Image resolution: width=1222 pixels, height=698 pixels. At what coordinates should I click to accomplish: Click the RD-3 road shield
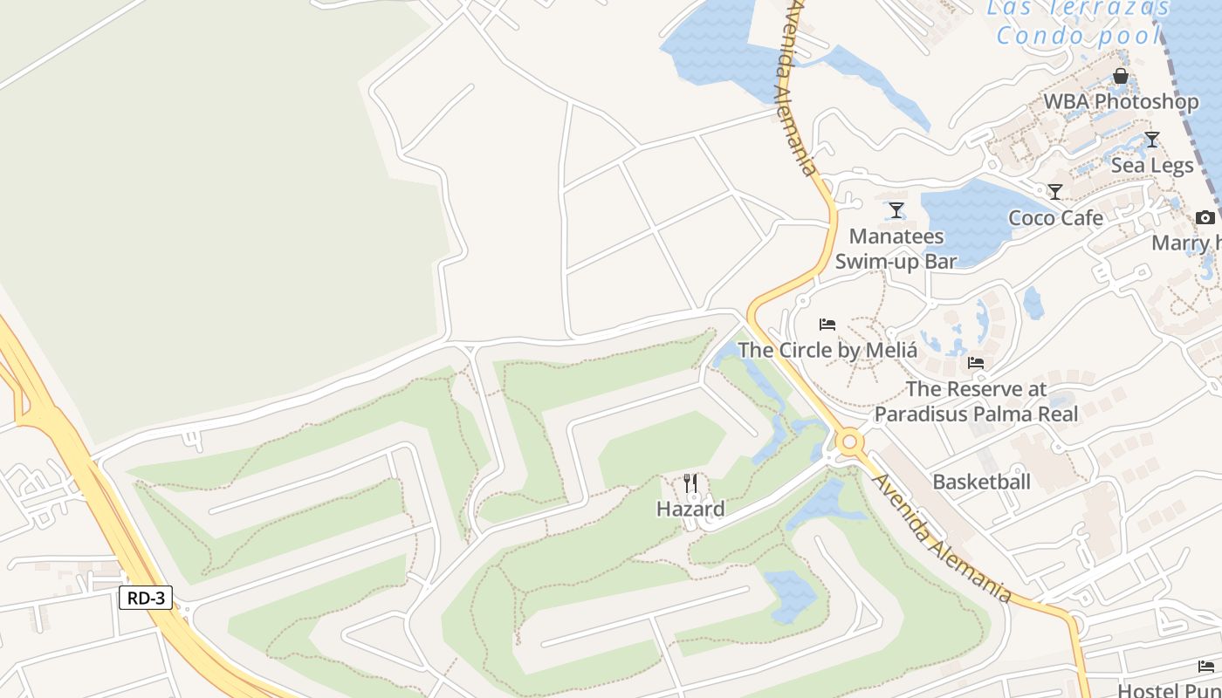pyautogui.click(x=146, y=598)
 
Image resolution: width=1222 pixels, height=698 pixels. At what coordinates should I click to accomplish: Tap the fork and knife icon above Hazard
pyautogui.click(x=690, y=483)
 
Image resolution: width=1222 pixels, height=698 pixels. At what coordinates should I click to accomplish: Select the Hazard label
pyautogui.click(x=690, y=509)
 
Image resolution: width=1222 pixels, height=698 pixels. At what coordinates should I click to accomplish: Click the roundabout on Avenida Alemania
pyautogui.click(x=849, y=442)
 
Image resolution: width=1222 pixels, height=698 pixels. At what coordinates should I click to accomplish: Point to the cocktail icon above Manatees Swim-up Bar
pyautogui.click(x=896, y=210)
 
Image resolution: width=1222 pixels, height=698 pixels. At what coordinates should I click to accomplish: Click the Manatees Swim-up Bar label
pyautogui.click(x=896, y=249)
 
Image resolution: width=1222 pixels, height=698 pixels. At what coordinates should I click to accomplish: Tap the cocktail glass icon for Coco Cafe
pyautogui.click(x=1055, y=192)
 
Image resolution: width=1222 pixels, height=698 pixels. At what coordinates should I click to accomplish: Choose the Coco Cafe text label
pyautogui.click(x=1055, y=218)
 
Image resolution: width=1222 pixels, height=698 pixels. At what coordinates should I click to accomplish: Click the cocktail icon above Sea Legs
pyautogui.click(x=1152, y=140)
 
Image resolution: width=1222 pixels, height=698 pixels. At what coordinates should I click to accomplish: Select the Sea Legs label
pyautogui.click(x=1152, y=165)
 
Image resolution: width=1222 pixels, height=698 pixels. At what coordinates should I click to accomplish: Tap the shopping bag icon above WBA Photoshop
pyautogui.click(x=1121, y=77)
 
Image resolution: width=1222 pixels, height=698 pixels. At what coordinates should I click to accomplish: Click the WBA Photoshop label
pyautogui.click(x=1121, y=102)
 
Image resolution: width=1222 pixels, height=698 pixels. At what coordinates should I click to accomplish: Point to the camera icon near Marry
pyautogui.click(x=1205, y=217)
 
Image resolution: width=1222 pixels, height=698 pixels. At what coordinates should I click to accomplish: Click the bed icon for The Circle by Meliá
pyautogui.click(x=827, y=325)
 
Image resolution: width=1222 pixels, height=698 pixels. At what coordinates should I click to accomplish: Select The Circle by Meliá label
pyautogui.click(x=827, y=351)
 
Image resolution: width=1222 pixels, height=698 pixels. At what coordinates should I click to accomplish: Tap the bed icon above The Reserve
pyautogui.click(x=976, y=363)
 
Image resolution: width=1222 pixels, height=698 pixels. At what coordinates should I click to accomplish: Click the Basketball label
pyautogui.click(x=981, y=482)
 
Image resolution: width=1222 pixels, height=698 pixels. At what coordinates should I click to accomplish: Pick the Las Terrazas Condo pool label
pyautogui.click(x=1078, y=21)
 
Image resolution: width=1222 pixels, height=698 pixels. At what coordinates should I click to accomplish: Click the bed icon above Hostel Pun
pyautogui.click(x=1206, y=667)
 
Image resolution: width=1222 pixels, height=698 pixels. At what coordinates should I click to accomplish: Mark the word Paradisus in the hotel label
pyautogui.click(x=917, y=414)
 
